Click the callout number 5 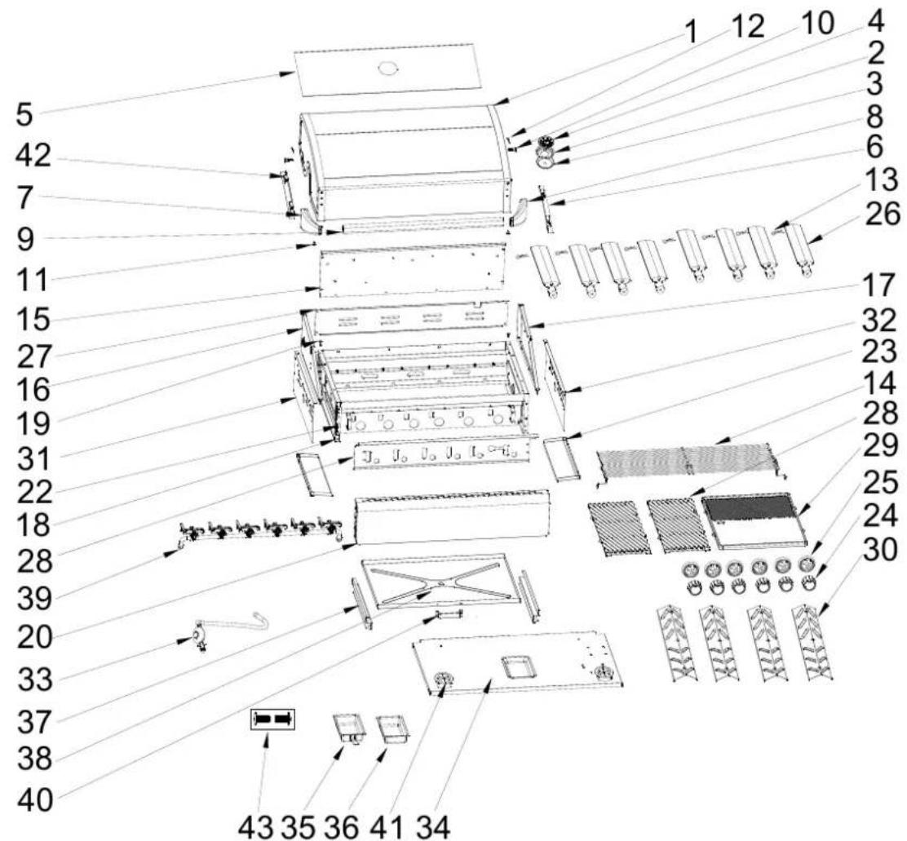[24, 114]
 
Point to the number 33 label [35, 680]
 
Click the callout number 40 [35, 801]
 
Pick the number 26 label [883, 215]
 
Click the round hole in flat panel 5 [387, 69]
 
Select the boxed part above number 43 [272, 719]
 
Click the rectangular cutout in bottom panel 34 [518, 667]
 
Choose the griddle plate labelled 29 [754, 520]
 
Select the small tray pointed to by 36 [393, 728]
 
